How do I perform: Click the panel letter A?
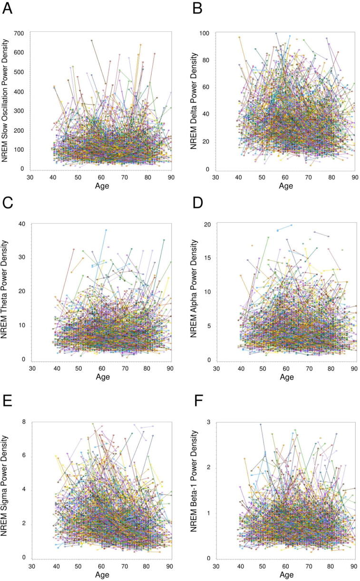(x=9, y=9)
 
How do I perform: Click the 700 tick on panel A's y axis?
(x=19, y=33)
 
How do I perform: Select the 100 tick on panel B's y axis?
(x=207, y=33)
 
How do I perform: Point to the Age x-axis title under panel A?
(x=102, y=186)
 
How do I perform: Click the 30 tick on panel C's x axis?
(x=32, y=368)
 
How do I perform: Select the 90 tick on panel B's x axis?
(x=354, y=177)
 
